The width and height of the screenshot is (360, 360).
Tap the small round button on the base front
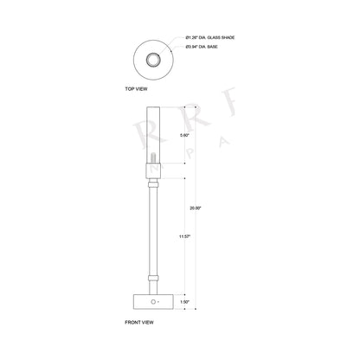154,303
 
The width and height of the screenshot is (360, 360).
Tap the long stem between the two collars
153,229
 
